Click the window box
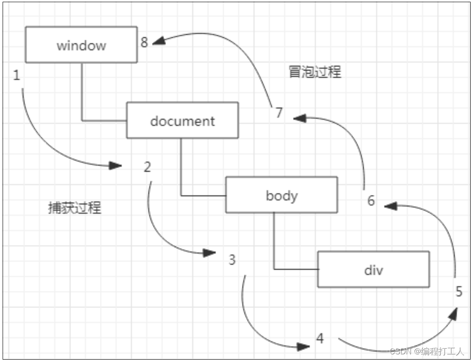pyautogui.click(x=81, y=45)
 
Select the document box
pyautogui.click(x=182, y=120)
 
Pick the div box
pyautogui.click(x=373, y=270)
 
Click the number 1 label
pyautogui.click(x=17, y=76)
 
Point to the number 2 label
pyautogui.click(x=147, y=167)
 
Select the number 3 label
pyautogui.click(x=232, y=260)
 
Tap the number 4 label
pyautogui.click(x=320, y=338)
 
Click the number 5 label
pyautogui.click(x=459, y=292)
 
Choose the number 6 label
pyautogui.click(x=371, y=201)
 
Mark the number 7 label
pyautogui.click(x=279, y=112)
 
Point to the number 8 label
pyautogui.click(x=144, y=42)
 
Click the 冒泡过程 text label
pyautogui.click(x=315, y=72)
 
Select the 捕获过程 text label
pyautogui.click(x=74, y=208)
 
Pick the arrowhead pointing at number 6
pyautogui.click(x=391, y=205)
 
